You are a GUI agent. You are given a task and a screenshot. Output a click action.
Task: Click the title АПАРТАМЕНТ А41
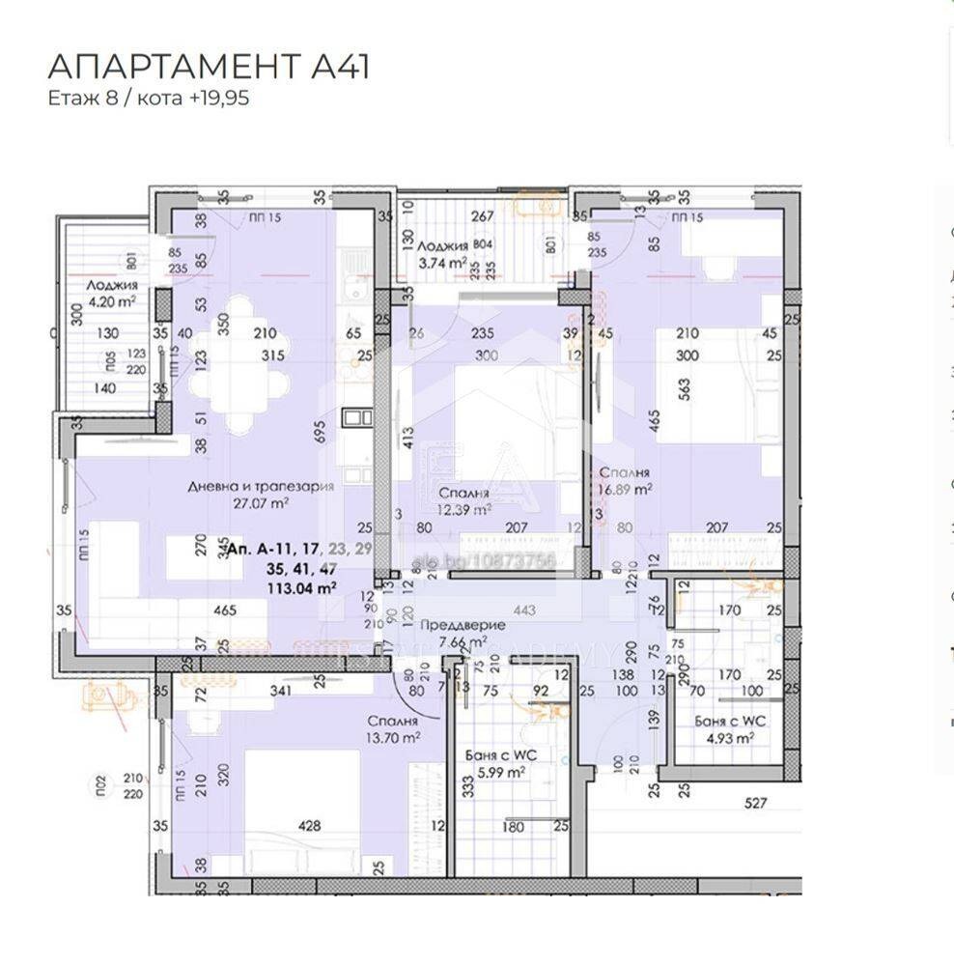click(209, 67)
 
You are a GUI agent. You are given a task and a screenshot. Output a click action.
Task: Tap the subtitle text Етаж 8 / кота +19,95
click(149, 98)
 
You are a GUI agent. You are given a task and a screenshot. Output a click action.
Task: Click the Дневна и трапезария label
click(261, 486)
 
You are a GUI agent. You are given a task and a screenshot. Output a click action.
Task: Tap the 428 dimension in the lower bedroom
click(309, 826)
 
